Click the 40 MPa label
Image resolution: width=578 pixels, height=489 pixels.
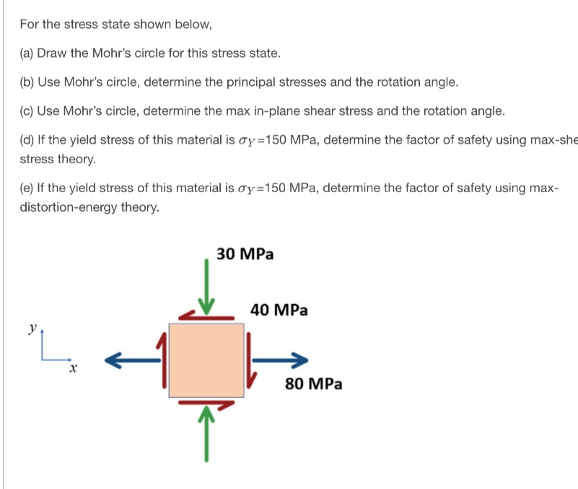(x=279, y=311)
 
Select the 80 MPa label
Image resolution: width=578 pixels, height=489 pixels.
(x=313, y=384)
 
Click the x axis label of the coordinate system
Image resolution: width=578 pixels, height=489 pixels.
(x=72, y=369)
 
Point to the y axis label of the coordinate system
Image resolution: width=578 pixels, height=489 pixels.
(x=32, y=327)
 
